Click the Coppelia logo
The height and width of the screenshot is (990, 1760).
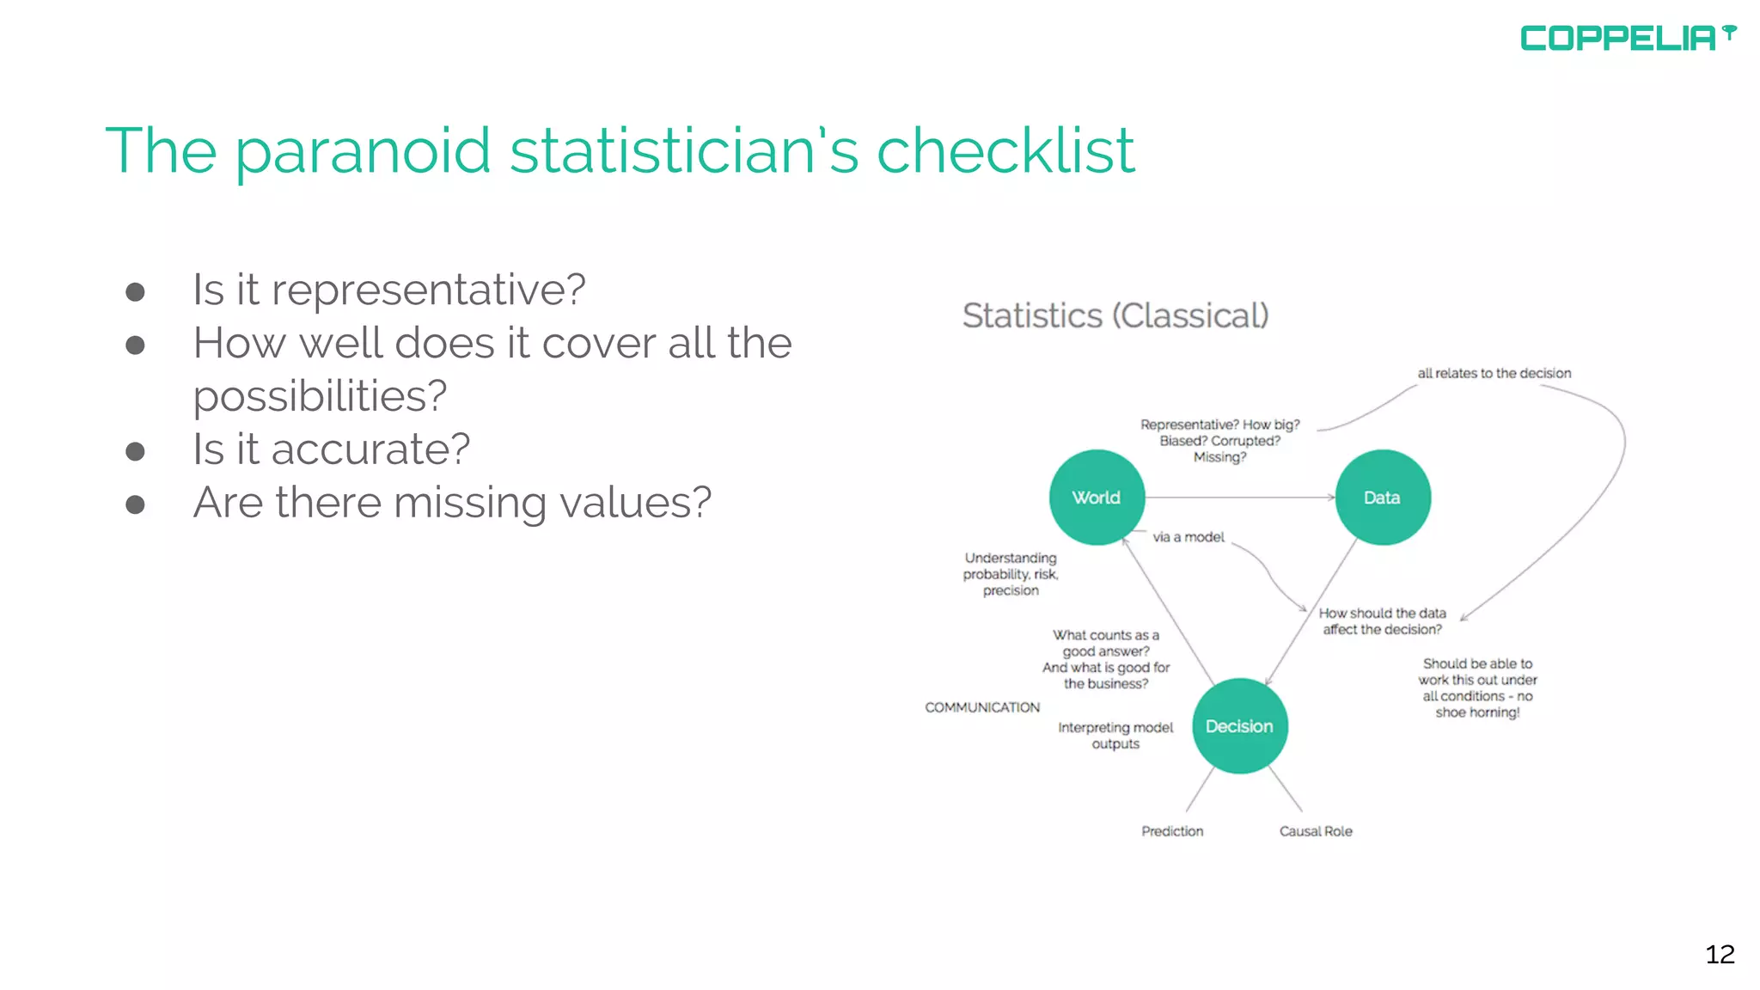pyautogui.click(x=1627, y=38)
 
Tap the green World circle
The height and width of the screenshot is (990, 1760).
pyautogui.click(x=1097, y=498)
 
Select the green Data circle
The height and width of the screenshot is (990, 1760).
pyautogui.click(x=1382, y=498)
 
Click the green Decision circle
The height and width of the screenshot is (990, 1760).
pyautogui.click(x=1239, y=726)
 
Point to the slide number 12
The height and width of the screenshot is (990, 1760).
pyautogui.click(x=1720, y=954)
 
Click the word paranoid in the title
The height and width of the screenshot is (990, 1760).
pyautogui.click(x=362, y=151)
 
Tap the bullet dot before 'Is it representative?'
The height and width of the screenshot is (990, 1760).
pyautogui.click(x=135, y=292)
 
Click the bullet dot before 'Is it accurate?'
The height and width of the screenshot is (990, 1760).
pyautogui.click(x=135, y=452)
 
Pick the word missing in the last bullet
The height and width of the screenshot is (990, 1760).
pyautogui.click(x=469, y=504)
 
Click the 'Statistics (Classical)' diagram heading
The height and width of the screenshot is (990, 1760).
pyautogui.click(x=1115, y=316)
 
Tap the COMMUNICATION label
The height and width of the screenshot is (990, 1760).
pyautogui.click(x=982, y=707)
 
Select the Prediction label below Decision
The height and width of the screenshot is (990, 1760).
pyautogui.click(x=1172, y=831)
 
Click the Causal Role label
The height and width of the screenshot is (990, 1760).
pyautogui.click(x=1315, y=831)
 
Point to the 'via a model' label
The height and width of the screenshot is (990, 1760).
pyautogui.click(x=1189, y=537)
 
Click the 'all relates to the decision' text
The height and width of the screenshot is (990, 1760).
pyautogui.click(x=1494, y=373)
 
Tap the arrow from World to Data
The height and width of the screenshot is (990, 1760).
pyautogui.click(x=1240, y=498)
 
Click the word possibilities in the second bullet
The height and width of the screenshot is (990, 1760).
pyautogui.click(x=320, y=397)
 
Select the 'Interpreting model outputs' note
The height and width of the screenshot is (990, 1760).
pyautogui.click(x=1115, y=736)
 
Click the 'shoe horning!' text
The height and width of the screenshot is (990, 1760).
pyautogui.click(x=1476, y=712)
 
